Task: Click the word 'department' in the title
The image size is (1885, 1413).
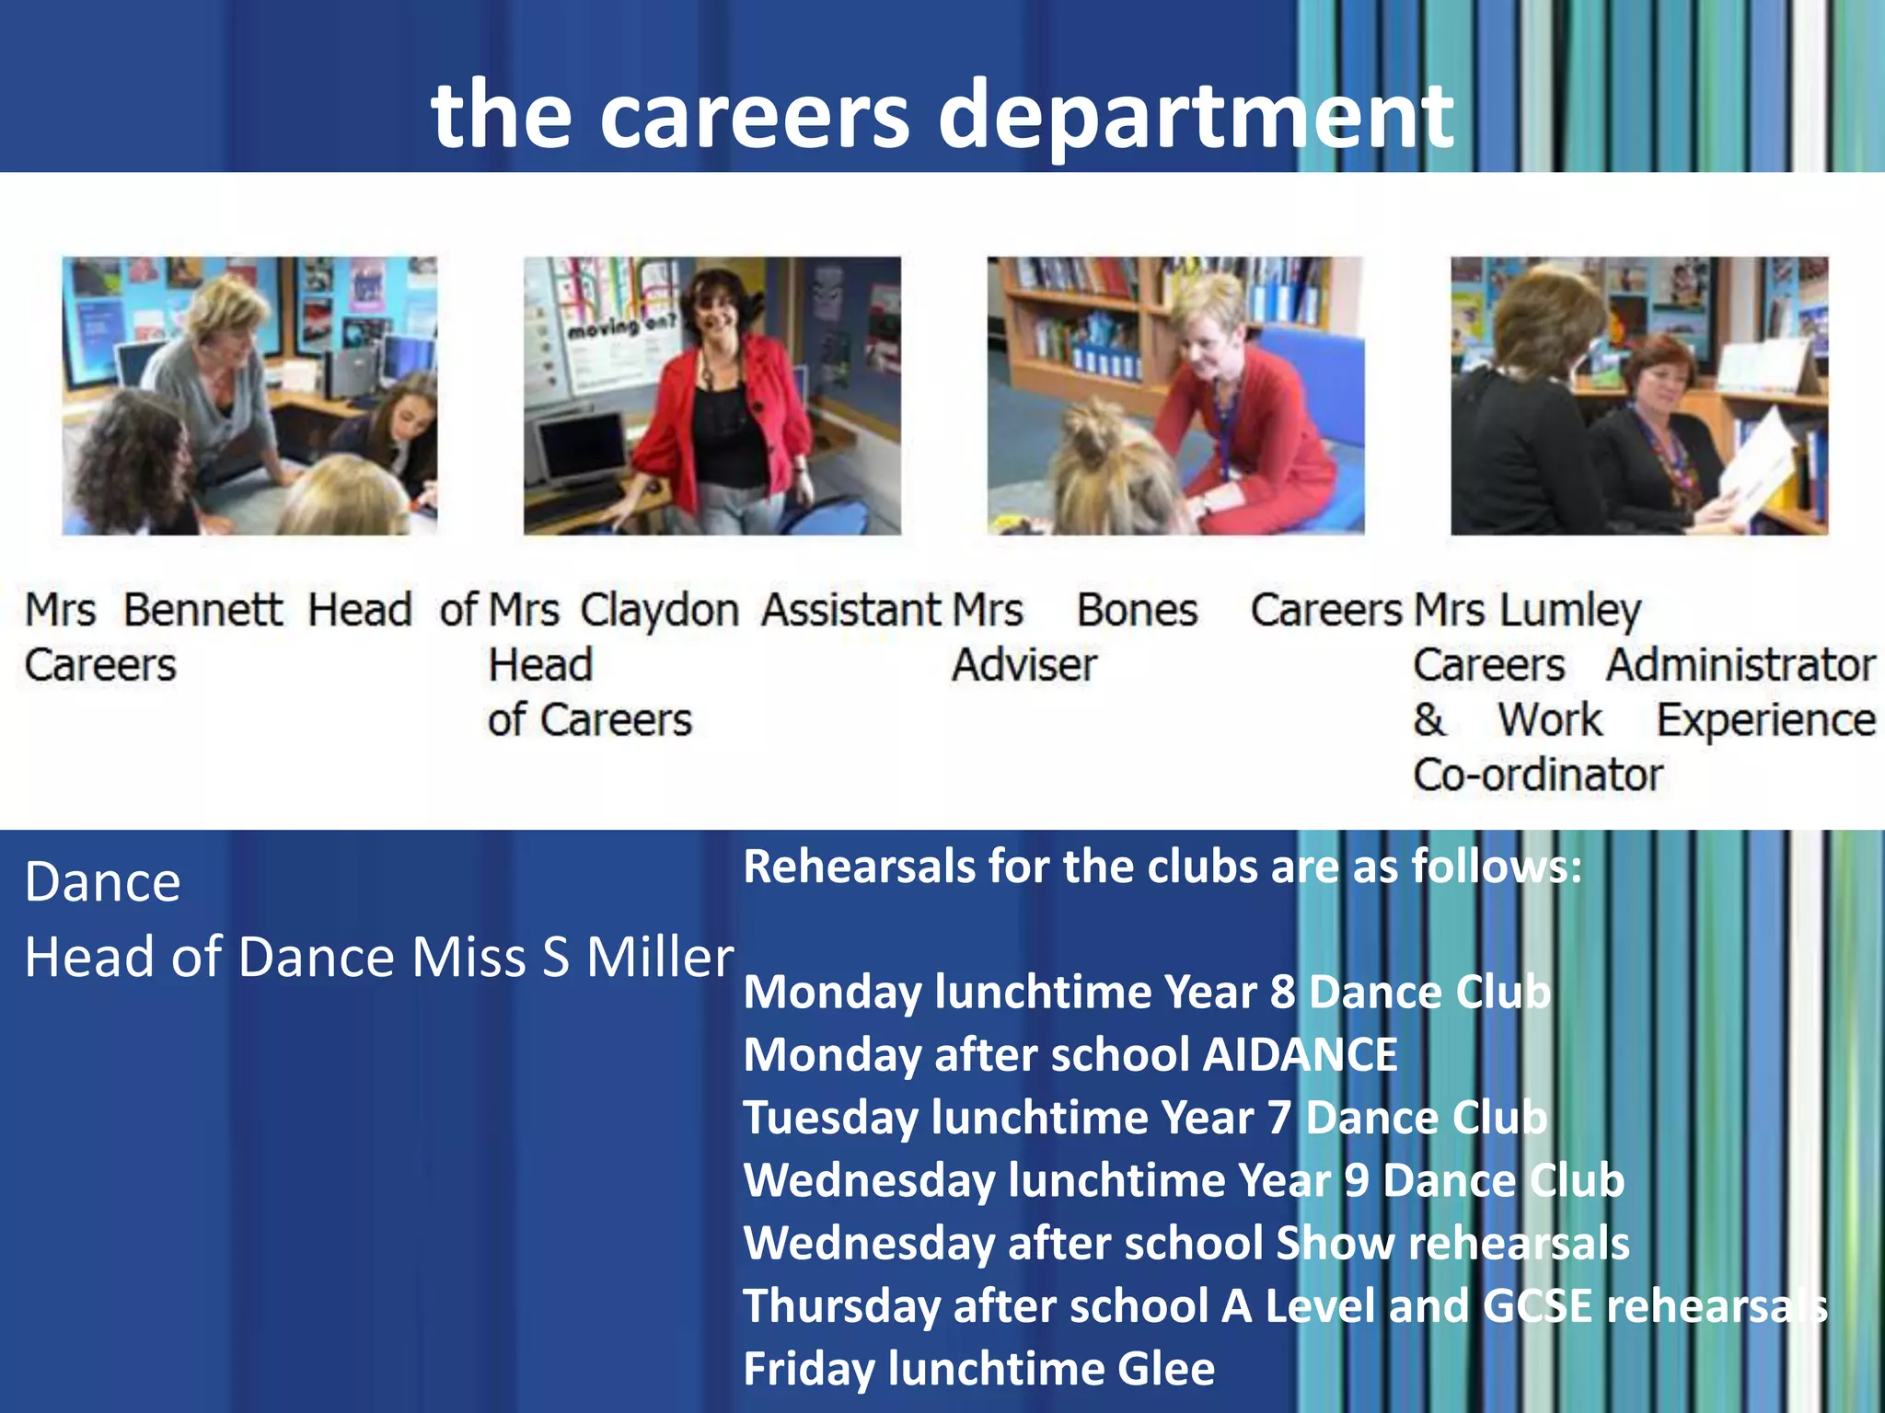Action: [1197, 118]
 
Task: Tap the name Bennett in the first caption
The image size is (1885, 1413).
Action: [203, 610]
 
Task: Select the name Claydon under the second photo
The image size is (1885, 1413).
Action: [659, 611]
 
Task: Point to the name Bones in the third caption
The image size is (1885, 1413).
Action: [1137, 610]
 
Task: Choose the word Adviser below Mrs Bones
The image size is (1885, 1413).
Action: [1023, 665]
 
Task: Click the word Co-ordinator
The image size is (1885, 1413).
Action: [1537, 775]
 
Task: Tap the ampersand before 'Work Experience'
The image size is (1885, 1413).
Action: [1428, 720]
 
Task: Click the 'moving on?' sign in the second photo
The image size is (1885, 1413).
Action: [621, 327]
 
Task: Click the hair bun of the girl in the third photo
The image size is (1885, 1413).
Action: [1095, 432]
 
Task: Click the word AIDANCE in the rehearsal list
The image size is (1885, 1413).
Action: [1300, 1055]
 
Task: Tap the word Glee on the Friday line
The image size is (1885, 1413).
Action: [1165, 1369]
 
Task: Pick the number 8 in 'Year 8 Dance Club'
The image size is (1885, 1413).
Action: [1283, 993]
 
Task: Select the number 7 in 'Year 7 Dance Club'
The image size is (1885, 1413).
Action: [1279, 1118]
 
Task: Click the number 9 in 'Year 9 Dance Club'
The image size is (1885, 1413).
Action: [1356, 1180]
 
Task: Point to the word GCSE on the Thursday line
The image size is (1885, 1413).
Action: [1537, 1306]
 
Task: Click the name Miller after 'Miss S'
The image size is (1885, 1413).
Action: [659, 958]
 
